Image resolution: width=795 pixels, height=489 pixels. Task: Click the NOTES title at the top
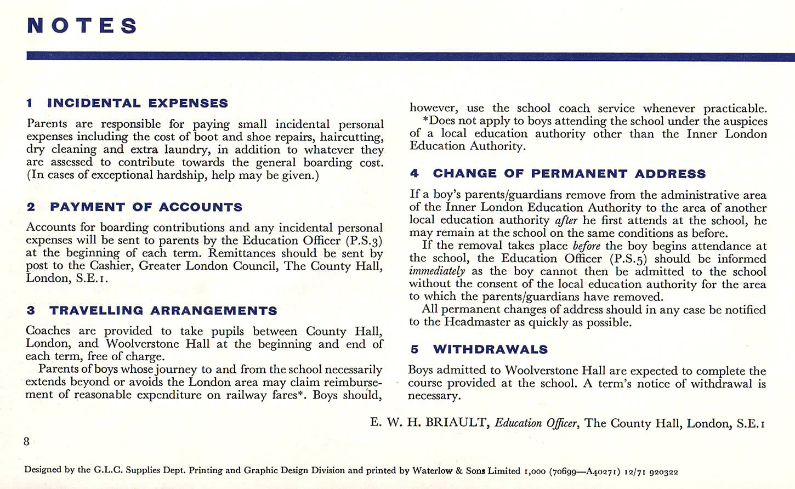click(x=82, y=26)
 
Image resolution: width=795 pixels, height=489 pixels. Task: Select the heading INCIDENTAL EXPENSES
click(x=138, y=103)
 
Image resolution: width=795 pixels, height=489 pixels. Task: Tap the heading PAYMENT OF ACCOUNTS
click(x=146, y=207)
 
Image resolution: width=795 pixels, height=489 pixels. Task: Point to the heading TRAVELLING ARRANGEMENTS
click(x=163, y=311)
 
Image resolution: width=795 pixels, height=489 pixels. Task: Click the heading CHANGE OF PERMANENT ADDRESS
click(x=569, y=174)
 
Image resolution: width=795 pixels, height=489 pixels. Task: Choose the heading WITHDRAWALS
click(x=490, y=350)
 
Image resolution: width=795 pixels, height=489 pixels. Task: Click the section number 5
click(x=414, y=350)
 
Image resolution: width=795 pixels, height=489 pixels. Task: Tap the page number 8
click(x=26, y=441)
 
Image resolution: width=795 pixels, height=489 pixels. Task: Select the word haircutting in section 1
click(x=351, y=137)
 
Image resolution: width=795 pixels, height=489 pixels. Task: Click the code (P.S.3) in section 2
click(x=364, y=241)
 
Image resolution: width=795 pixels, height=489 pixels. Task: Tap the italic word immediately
click(x=437, y=271)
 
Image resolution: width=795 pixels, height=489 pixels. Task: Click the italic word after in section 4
click(x=566, y=220)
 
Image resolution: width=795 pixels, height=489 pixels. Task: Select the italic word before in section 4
click(x=586, y=246)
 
